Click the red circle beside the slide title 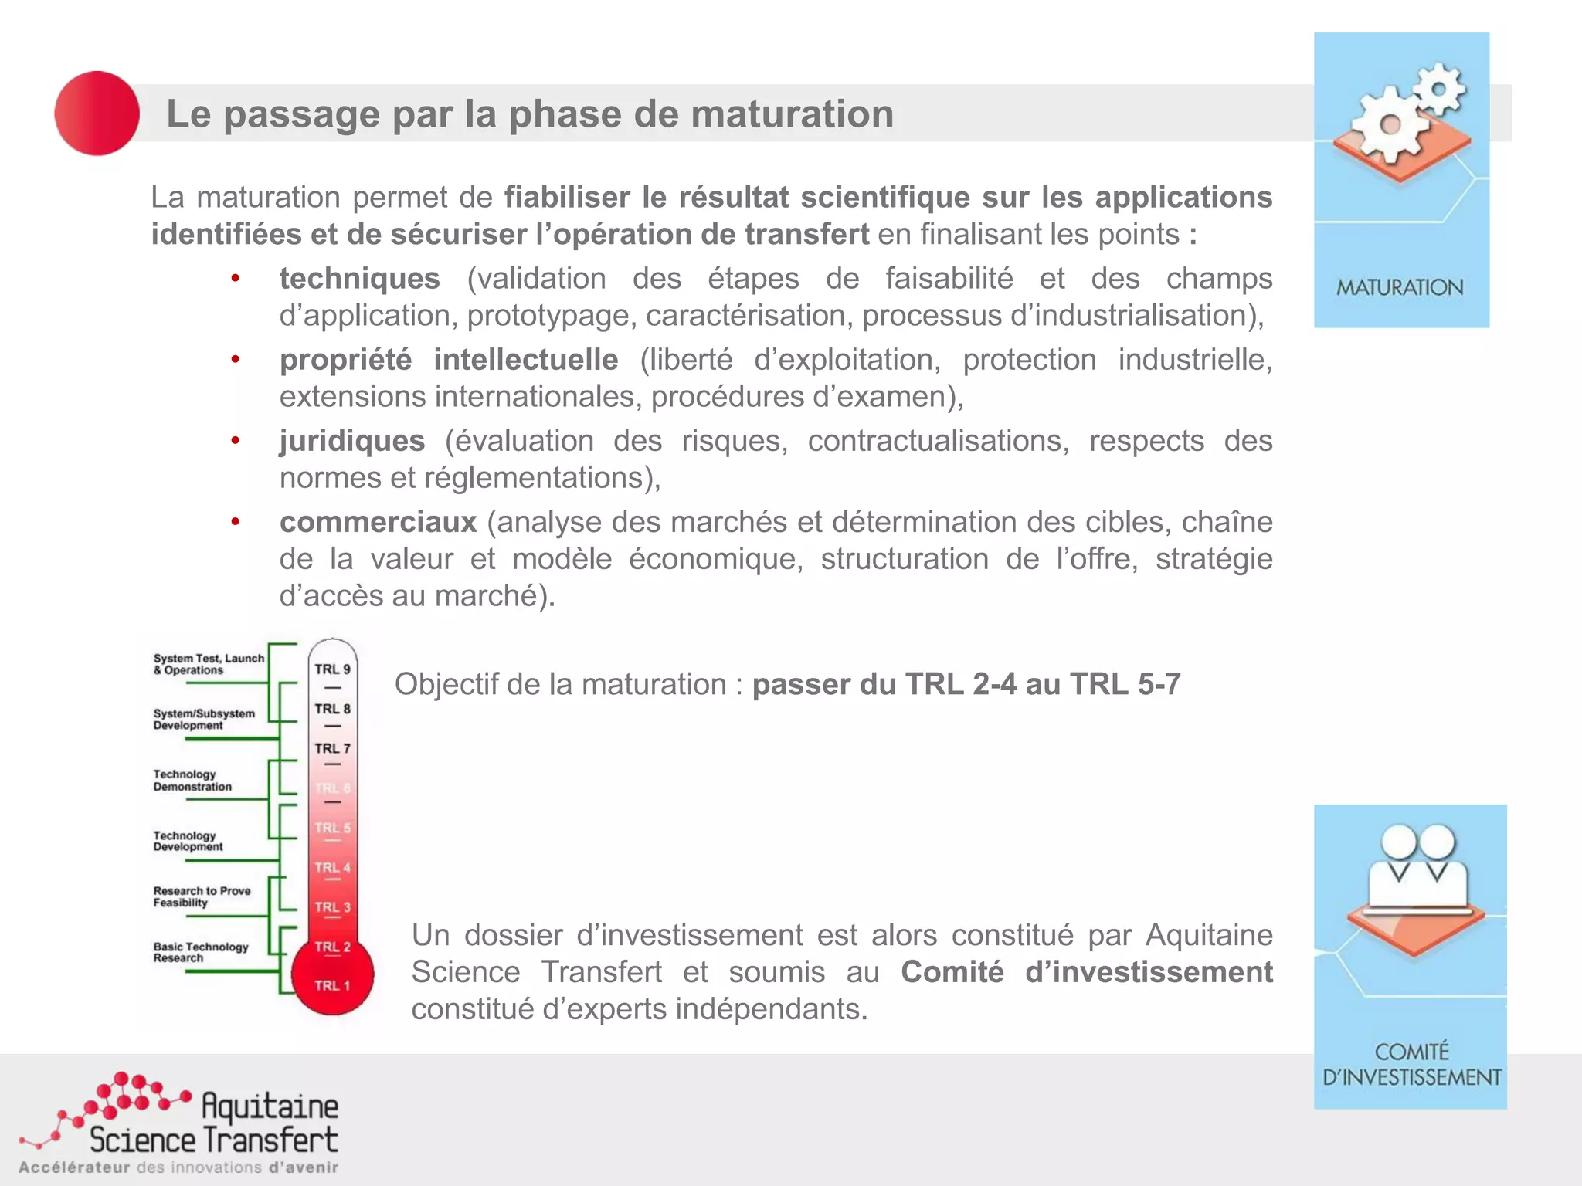[x=97, y=114]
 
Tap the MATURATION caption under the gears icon [x=1400, y=287]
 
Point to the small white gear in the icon [x=1438, y=89]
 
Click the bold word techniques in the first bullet [x=359, y=278]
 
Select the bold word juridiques [x=352, y=441]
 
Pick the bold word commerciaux [x=378, y=522]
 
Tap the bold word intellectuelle [x=525, y=360]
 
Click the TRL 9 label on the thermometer [x=332, y=669]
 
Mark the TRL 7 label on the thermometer [x=332, y=748]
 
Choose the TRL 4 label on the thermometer [x=332, y=867]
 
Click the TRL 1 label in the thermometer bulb [x=332, y=986]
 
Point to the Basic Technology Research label [x=200, y=952]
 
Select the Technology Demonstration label [x=192, y=781]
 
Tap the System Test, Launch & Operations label [x=208, y=664]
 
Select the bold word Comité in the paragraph [x=952, y=972]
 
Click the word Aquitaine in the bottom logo [x=270, y=1106]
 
